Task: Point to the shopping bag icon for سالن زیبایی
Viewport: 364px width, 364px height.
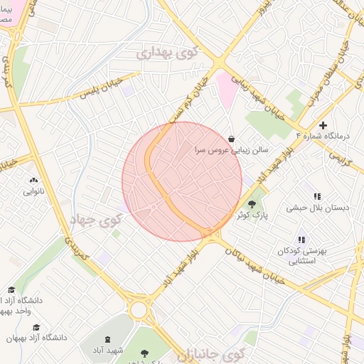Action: click(x=232, y=139)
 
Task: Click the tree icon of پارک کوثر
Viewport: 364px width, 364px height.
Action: click(x=252, y=204)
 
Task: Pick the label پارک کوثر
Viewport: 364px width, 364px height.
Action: click(x=252, y=216)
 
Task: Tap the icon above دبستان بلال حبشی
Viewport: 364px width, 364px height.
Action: click(x=317, y=196)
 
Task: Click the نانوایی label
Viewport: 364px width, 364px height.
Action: click(x=33, y=191)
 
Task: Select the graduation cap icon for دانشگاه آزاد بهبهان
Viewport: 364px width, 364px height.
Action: click(x=36, y=327)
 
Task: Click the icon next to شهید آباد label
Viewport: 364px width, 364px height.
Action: click(x=108, y=340)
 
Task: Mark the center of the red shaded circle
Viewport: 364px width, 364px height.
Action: click(x=182, y=181)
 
